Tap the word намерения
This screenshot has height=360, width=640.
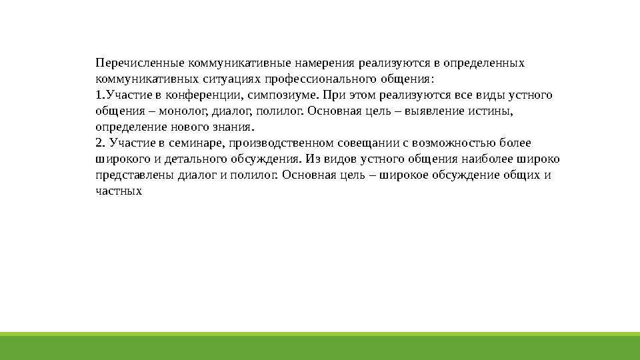(325, 63)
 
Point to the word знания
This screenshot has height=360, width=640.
(233, 127)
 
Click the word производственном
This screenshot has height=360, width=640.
(281, 143)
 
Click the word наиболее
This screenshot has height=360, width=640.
(487, 159)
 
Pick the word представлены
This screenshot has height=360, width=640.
(135, 175)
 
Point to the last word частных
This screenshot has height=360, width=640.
(119, 191)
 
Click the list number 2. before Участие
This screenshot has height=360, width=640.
(101, 143)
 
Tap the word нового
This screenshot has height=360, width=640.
(190, 127)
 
